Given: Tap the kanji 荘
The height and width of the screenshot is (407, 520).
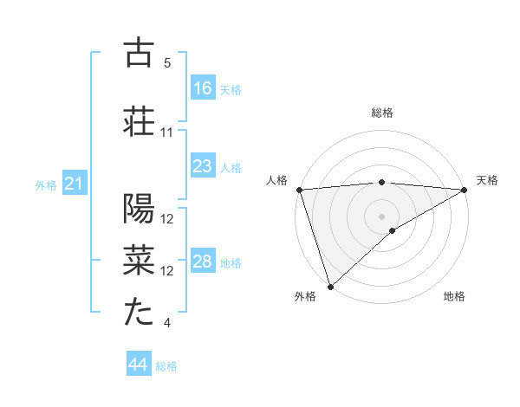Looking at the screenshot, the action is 140,120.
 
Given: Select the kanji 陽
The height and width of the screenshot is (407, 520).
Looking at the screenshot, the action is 140,210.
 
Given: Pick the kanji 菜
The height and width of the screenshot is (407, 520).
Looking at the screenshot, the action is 140,260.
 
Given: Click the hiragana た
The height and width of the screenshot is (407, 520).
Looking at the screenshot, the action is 140,311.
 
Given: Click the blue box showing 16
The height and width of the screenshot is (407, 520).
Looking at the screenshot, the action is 203,88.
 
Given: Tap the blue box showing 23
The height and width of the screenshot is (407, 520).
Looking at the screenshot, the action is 203,166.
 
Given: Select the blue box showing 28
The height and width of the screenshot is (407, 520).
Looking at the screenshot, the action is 203,262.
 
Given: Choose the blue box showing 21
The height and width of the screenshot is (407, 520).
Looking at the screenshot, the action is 75,184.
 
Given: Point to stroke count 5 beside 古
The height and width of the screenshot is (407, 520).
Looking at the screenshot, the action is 167,63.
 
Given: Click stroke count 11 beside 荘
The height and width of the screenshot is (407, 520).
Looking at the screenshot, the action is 167,132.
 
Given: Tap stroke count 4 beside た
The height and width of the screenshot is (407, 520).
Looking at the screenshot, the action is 167,323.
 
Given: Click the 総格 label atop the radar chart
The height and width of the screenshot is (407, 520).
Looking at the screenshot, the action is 381,113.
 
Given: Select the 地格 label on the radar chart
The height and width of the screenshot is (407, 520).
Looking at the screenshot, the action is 454,297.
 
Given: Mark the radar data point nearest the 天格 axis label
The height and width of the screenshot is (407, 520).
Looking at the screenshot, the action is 465,190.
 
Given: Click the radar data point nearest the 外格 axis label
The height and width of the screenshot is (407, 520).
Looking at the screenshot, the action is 330,286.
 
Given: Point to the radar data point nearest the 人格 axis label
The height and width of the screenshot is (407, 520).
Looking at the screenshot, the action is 299,190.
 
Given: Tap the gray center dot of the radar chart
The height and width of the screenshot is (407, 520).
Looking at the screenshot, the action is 381,216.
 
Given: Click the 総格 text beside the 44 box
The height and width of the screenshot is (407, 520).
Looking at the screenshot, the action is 166,366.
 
